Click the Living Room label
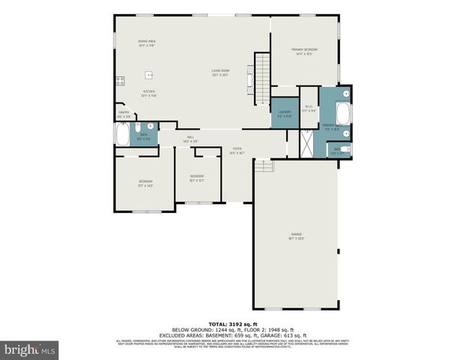(219, 73)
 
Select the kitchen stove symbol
(119, 81)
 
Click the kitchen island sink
(150, 75)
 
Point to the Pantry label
(124, 115)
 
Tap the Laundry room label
(284, 113)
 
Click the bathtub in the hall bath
(121, 133)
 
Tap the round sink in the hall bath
(150, 127)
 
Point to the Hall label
(190, 139)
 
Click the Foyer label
(236, 151)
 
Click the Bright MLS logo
(30, 349)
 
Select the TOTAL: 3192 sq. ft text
(232, 322)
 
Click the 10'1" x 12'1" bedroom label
(196, 178)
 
